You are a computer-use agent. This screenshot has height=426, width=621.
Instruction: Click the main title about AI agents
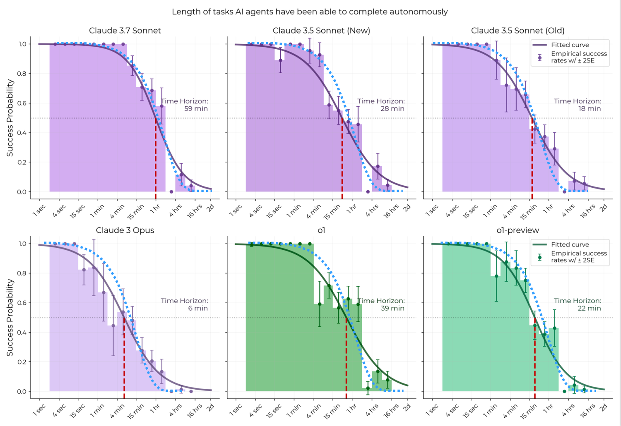(x=310, y=12)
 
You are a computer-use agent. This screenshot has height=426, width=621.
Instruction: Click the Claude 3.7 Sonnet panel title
(x=125, y=31)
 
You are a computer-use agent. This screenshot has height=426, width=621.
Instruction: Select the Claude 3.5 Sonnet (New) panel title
(x=321, y=31)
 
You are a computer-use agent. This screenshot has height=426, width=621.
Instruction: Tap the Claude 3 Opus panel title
(x=125, y=230)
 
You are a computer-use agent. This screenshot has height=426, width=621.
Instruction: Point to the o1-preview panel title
(x=517, y=230)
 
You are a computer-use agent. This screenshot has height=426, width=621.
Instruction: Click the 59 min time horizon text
(x=196, y=109)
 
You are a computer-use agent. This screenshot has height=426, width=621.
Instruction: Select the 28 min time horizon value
(x=392, y=109)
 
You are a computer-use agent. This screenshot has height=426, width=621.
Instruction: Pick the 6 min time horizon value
(x=198, y=309)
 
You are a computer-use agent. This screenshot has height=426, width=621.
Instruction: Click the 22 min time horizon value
(x=589, y=309)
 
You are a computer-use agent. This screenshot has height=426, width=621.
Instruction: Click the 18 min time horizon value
(x=590, y=109)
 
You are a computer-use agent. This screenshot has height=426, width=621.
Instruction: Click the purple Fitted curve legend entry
(x=570, y=45)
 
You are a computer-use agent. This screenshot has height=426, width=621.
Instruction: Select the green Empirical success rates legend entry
(x=578, y=257)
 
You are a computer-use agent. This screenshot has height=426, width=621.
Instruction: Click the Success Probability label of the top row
(x=10, y=118)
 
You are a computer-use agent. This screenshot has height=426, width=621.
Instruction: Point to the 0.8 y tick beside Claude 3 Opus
(x=22, y=273)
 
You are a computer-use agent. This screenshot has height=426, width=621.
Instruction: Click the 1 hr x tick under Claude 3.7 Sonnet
(x=155, y=209)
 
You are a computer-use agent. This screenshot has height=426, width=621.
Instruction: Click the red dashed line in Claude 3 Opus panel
(x=124, y=356)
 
